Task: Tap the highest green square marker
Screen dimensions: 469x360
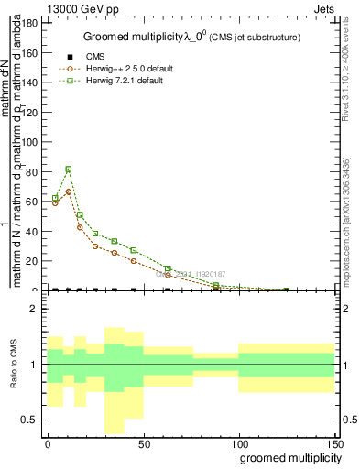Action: pos(69,169)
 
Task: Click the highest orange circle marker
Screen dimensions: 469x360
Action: pos(69,191)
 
